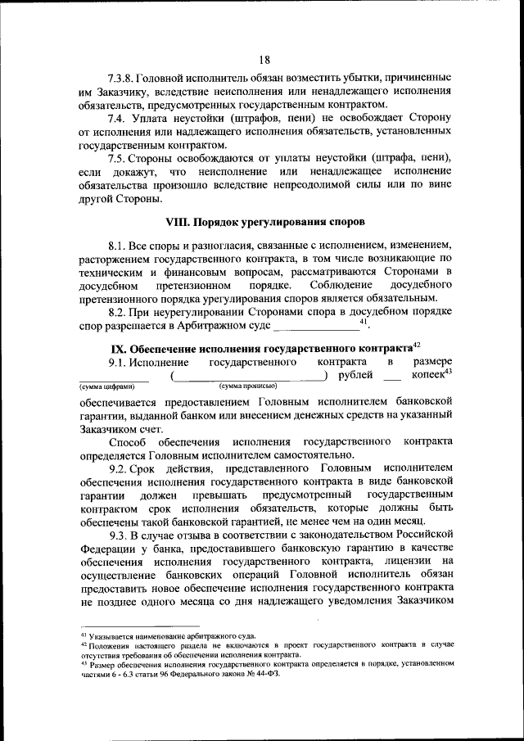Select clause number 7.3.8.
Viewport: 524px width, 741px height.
[x=124, y=77]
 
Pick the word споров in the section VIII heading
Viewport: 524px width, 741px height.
[x=342, y=222]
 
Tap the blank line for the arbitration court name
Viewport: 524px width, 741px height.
[x=316, y=327]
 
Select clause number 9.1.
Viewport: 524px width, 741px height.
[x=119, y=362]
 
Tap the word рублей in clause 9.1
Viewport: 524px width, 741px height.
[x=356, y=375]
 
